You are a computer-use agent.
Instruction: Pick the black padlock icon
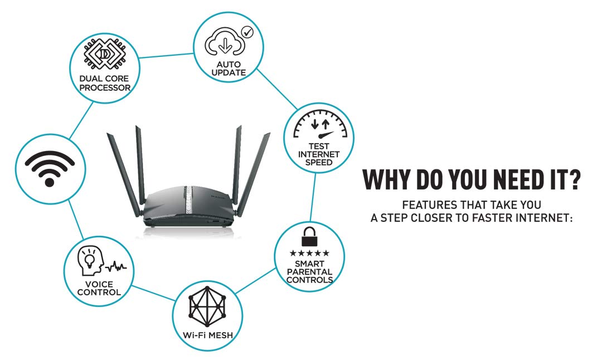(x=308, y=239)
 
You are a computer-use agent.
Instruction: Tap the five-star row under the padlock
(x=309, y=254)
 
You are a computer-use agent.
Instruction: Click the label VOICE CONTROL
(x=99, y=288)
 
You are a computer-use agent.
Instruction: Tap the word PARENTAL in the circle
(x=309, y=272)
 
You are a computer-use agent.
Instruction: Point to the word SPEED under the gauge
(x=315, y=162)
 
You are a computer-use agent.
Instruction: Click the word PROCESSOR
(x=104, y=88)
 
